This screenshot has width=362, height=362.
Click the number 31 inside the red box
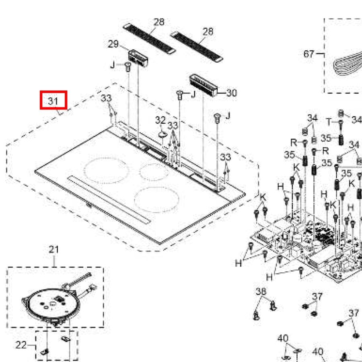53,101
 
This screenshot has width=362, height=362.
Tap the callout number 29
113,44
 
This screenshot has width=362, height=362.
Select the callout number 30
231,93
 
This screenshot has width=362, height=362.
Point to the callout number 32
160,120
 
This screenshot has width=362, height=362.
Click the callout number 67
309,53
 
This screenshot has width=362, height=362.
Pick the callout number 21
54,250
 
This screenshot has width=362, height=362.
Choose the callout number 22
21,345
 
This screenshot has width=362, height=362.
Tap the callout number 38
261,292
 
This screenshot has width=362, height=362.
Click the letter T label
329,122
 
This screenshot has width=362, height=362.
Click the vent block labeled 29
138,58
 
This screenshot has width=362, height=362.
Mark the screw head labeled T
341,122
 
